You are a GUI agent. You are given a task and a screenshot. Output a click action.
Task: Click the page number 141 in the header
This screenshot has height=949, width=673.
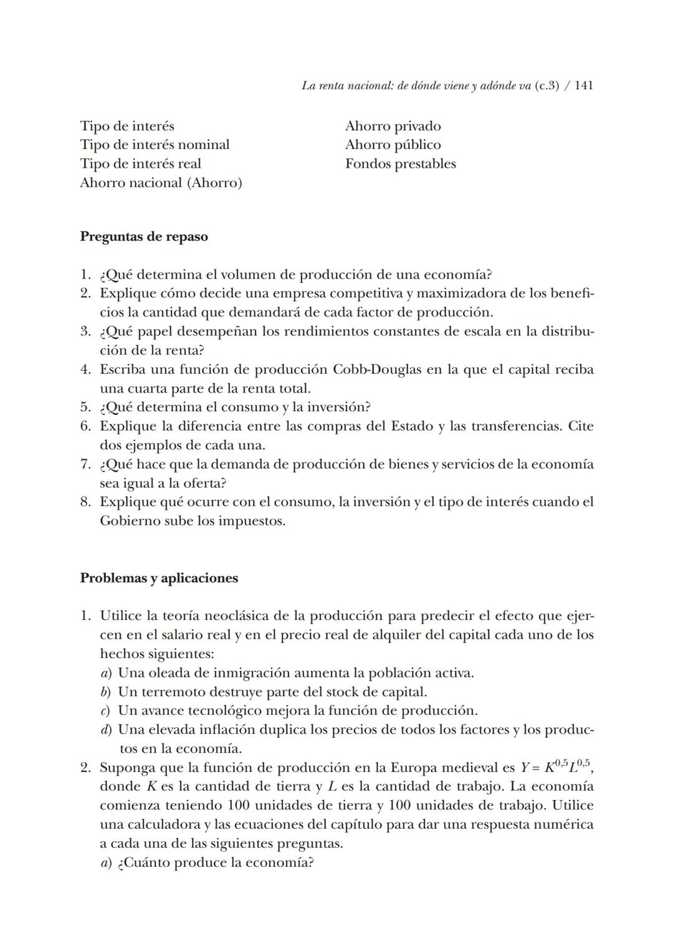pyautogui.click(x=583, y=86)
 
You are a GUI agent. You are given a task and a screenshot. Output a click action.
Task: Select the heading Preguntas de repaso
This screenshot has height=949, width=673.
pyautogui.click(x=144, y=237)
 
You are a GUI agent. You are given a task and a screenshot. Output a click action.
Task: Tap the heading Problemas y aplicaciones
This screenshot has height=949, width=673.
pyautogui.click(x=159, y=578)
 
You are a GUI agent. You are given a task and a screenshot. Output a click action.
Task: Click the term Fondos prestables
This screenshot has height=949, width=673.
pyautogui.click(x=400, y=164)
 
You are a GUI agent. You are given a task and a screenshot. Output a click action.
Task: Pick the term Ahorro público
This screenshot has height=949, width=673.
pyautogui.click(x=393, y=145)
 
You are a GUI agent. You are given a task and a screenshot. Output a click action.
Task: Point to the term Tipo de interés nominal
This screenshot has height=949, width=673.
pyautogui.click(x=155, y=145)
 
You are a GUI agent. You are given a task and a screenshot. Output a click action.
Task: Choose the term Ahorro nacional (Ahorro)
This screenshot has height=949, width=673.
pyautogui.click(x=161, y=183)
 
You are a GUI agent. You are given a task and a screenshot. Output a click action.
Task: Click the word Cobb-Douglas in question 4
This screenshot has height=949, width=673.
pyautogui.click(x=376, y=370)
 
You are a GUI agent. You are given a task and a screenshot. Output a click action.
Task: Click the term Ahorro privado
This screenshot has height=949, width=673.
pyautogui.click(x=393, y=126)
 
